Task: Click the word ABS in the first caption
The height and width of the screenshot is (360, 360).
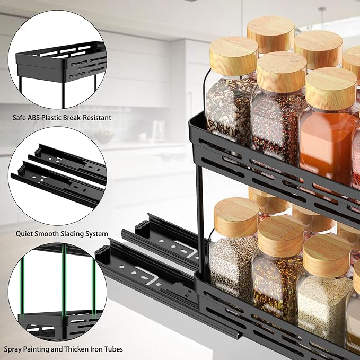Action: (39, 117)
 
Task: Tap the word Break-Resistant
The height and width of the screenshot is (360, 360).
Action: (87, 117)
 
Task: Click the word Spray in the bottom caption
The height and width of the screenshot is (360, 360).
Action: (15, 349)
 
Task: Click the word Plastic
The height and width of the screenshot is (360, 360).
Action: (57, 117)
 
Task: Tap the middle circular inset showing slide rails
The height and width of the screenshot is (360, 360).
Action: (58, 175)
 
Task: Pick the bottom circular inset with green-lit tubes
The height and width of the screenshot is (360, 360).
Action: (58, 291)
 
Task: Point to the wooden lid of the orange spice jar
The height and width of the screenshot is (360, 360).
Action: (331, 88)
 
